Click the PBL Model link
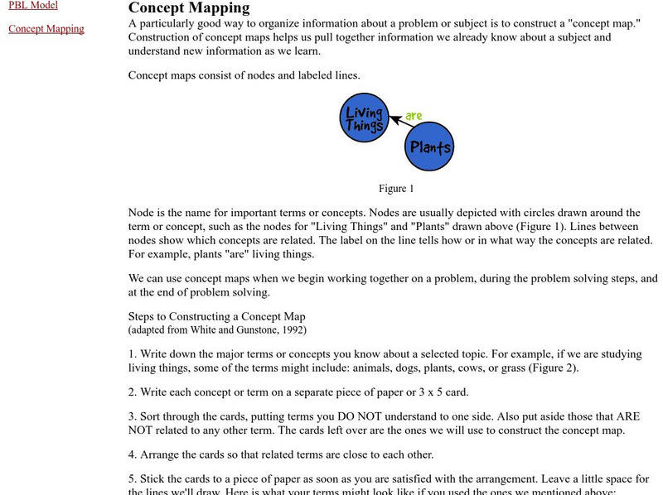coord(33,5)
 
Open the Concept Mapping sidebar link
coord(46,29)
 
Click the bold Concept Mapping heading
coord(189,8)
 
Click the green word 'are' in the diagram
coord(414,116)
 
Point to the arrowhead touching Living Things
coord(393,121)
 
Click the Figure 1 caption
coord(397,189)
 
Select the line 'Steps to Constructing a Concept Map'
coord(217,316)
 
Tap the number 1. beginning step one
coord(133,354)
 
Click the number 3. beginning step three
coord(133,416)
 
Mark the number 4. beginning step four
coord(133,454)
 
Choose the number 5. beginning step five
coord(133,479)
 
